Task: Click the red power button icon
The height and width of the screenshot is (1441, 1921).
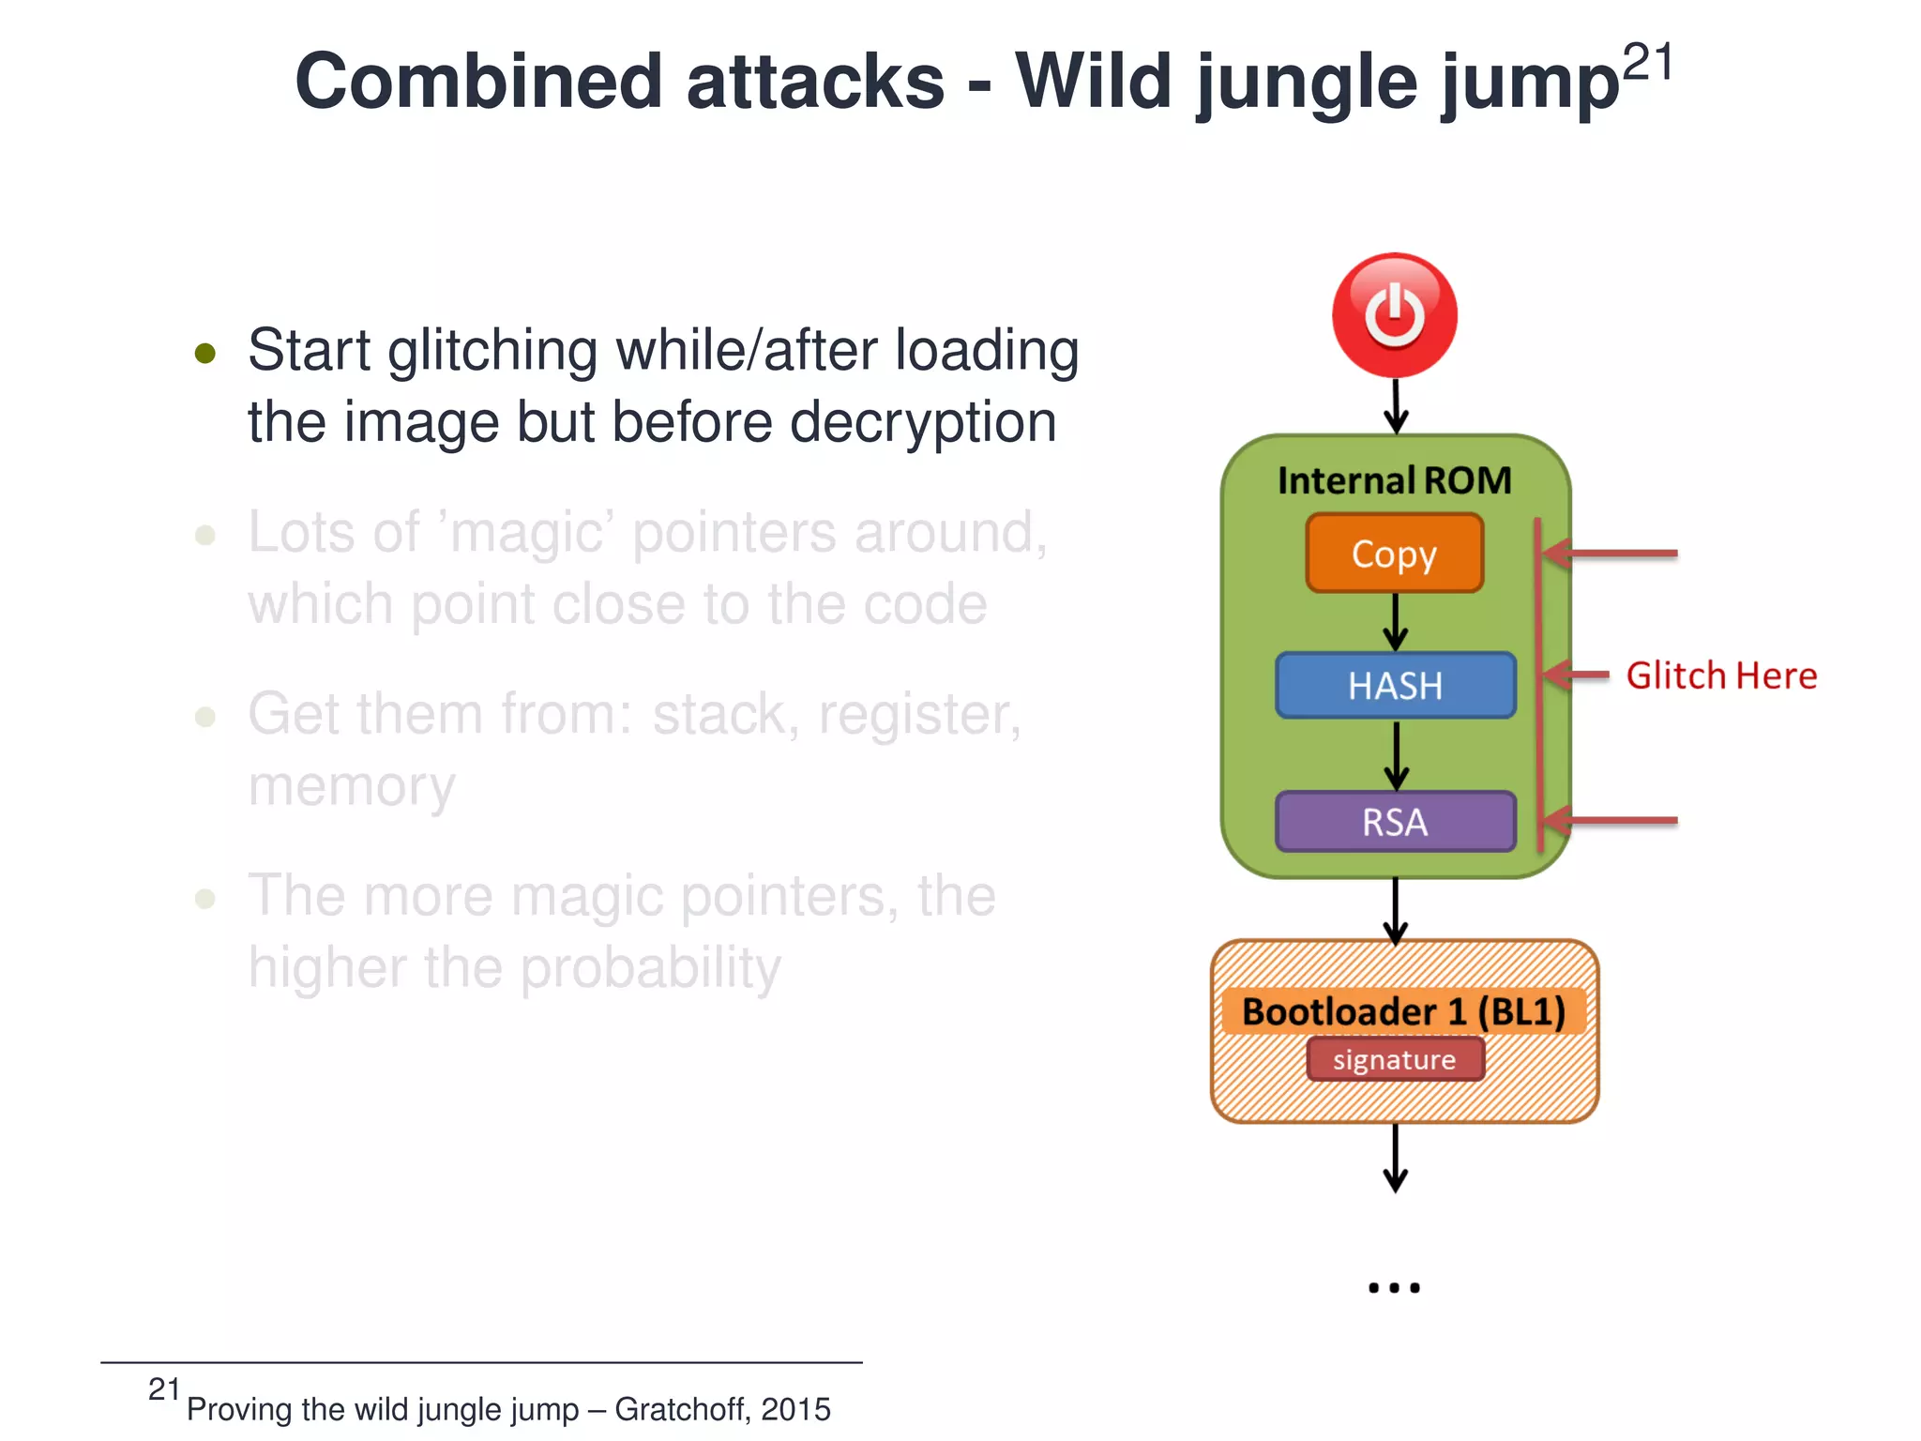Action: (x=1395, y=315)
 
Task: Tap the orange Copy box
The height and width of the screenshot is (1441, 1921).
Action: (x=1395, y=554)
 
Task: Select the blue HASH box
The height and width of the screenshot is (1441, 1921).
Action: (x=1395, y=686)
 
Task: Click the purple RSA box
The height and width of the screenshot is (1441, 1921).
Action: (x=1395, y=822)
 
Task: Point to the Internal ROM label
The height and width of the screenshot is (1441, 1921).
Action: (x=1395, y=480)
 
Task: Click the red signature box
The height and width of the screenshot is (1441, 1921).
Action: (x=1395, y=1059)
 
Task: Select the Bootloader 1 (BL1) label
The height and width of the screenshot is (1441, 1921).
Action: (x=1403, y=1011)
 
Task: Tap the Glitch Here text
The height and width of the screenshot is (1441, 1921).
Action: (x=1721, y=675)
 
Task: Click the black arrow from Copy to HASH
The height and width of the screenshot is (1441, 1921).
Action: (x=1396, y=622)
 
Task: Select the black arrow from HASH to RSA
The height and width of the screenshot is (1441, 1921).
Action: (x=1396, y=755)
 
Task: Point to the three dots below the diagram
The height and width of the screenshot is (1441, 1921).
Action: (x=1395, y=1287)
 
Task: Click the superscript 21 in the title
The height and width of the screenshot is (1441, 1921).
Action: (x=1647, y=64)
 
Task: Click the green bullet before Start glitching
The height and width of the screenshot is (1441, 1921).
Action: (x=205, y=354)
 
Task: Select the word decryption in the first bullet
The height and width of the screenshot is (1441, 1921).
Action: (x=923, y=422)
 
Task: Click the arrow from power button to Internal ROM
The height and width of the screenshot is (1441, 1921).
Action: (x=1396, y=406)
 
